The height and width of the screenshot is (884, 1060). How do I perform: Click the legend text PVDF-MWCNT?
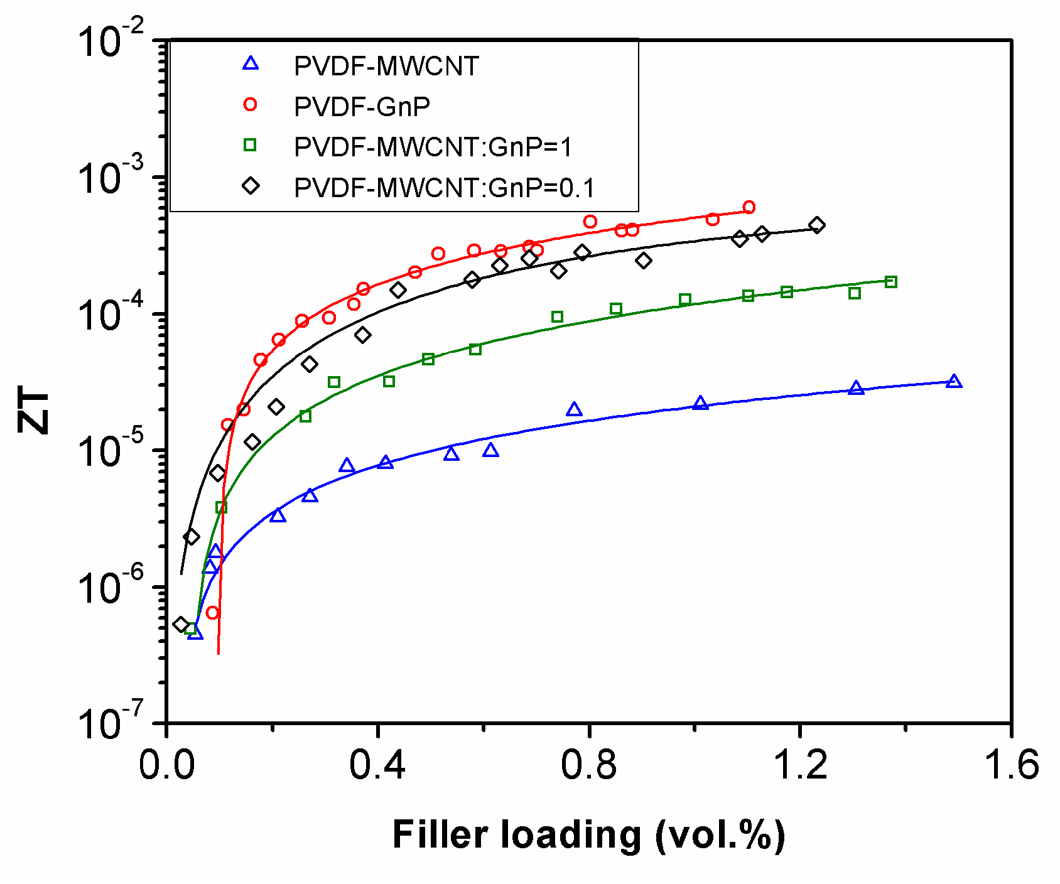tap(386, 66)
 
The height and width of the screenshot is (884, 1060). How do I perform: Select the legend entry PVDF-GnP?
tap(362, 107)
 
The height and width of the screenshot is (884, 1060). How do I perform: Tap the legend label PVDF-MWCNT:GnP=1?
tap(433, 147)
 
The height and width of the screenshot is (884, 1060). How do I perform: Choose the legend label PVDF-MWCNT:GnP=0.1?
tap(444, 188)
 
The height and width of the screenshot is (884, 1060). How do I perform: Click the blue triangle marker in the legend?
tap(251, 63)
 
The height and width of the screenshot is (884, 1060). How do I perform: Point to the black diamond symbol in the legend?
tap(251, 186)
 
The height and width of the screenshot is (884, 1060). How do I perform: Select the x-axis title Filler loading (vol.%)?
tap(588, 836)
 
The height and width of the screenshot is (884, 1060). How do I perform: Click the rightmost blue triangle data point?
tap(954, 381)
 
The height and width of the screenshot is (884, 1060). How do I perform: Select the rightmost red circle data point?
tap(749, 207)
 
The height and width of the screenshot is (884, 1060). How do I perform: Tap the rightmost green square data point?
tap(890, 282)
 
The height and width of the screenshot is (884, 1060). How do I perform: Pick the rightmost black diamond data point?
tap(816, 225)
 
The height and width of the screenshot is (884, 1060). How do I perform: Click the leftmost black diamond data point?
tap(181, 624)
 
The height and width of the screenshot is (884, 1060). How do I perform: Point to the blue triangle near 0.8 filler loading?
tap(574, 410)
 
